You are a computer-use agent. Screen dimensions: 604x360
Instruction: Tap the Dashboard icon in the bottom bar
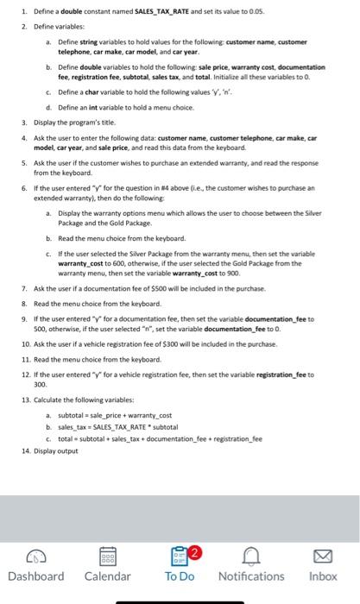click(35, 554)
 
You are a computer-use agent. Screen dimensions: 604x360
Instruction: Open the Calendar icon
click(108, 554)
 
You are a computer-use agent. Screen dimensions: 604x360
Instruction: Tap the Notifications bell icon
click(251, 554)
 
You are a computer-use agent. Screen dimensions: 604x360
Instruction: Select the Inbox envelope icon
click(323, 554)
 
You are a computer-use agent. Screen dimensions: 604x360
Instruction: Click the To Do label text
click(180, 576)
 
